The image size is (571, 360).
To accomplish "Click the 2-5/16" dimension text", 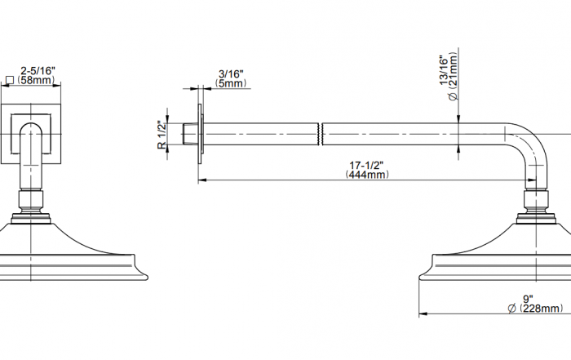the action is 38,70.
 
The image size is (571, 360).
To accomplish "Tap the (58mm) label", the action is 36,80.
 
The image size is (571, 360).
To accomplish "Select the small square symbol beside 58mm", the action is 10,80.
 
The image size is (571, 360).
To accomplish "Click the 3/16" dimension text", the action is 231,74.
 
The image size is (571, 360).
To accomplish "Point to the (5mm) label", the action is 231,83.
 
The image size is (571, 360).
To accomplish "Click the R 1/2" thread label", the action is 162,135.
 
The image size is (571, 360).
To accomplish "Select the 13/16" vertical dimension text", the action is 444,70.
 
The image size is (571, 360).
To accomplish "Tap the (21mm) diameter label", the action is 453,77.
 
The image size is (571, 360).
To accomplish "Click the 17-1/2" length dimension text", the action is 366,166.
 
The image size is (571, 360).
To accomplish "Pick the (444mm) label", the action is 367,175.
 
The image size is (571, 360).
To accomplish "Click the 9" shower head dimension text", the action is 528,299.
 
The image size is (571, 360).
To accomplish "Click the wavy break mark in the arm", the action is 321,134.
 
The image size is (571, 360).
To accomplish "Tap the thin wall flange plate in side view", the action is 200,134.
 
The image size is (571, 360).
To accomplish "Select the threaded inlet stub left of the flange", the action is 190,134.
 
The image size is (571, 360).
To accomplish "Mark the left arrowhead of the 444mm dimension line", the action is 202,180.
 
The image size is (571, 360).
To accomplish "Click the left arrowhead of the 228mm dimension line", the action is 423,313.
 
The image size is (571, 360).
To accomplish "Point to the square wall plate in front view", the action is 31,134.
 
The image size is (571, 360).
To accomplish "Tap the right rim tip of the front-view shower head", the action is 147,278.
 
